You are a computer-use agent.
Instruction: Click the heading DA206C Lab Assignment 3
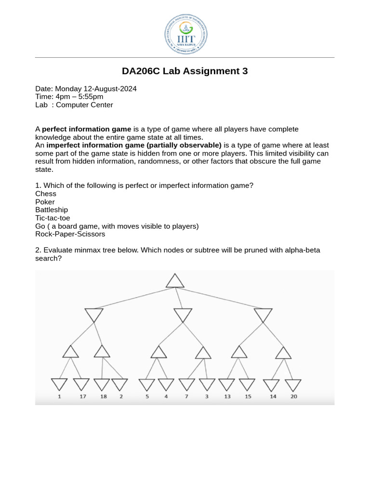[185, 71]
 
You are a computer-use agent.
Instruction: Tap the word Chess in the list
[46, 194]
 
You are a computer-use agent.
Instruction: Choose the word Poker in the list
[45, 202]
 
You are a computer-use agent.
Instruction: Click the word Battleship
[52, 210]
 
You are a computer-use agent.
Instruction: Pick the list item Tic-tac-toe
[53, 218]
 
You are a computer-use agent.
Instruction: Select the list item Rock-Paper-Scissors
[70, 234]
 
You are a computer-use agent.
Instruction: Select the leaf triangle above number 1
[59, 384]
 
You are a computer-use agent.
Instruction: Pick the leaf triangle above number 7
[186, 384]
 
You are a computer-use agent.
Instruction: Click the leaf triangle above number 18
[102, 384]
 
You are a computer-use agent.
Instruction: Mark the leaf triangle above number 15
[247, 384]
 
